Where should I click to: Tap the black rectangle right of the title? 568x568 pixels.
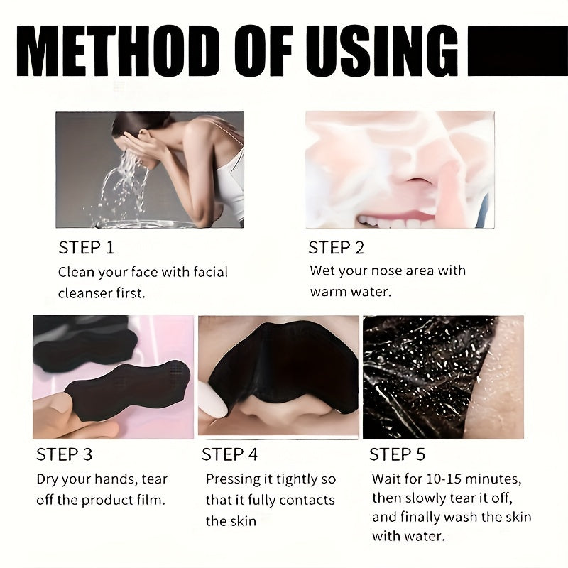coord(518,51)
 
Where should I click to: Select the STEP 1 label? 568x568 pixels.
coord(86,248)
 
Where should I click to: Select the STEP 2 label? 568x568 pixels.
coord(337,248)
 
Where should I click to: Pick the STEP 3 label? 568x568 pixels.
coord(65,454)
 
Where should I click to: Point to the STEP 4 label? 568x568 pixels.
coord(230,454)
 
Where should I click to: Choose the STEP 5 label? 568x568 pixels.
coord(398,454)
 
